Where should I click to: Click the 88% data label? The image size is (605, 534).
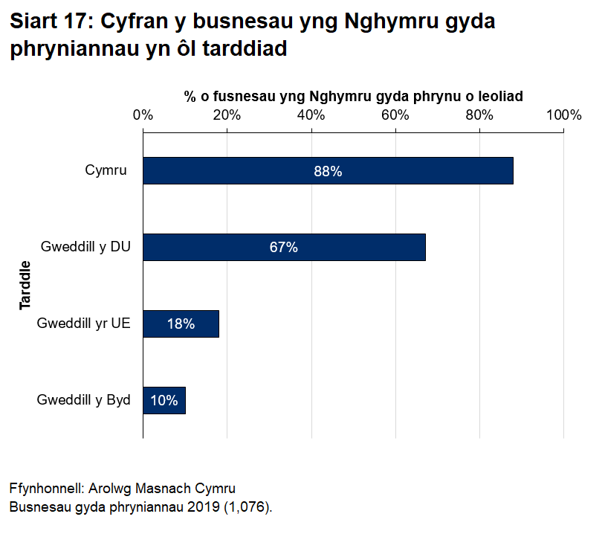point(328,171)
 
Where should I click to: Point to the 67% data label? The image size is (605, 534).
point(284,248)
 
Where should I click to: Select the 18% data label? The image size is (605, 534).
point(181,324)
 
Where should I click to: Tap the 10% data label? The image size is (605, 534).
point(164,400)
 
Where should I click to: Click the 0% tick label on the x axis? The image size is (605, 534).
point(143,115)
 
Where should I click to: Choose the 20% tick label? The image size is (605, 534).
point(227,115)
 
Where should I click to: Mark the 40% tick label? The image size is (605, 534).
point(311,115)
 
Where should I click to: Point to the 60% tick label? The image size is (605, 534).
point(395,115)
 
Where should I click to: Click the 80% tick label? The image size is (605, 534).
point(479,115)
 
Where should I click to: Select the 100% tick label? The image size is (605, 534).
point(563,115)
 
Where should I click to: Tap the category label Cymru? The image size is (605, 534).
point(106,171)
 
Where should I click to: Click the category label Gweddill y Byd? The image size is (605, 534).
point(84,400)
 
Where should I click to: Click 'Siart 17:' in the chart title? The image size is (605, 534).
point(51,22)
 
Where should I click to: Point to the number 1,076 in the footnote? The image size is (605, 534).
point(250,507)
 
